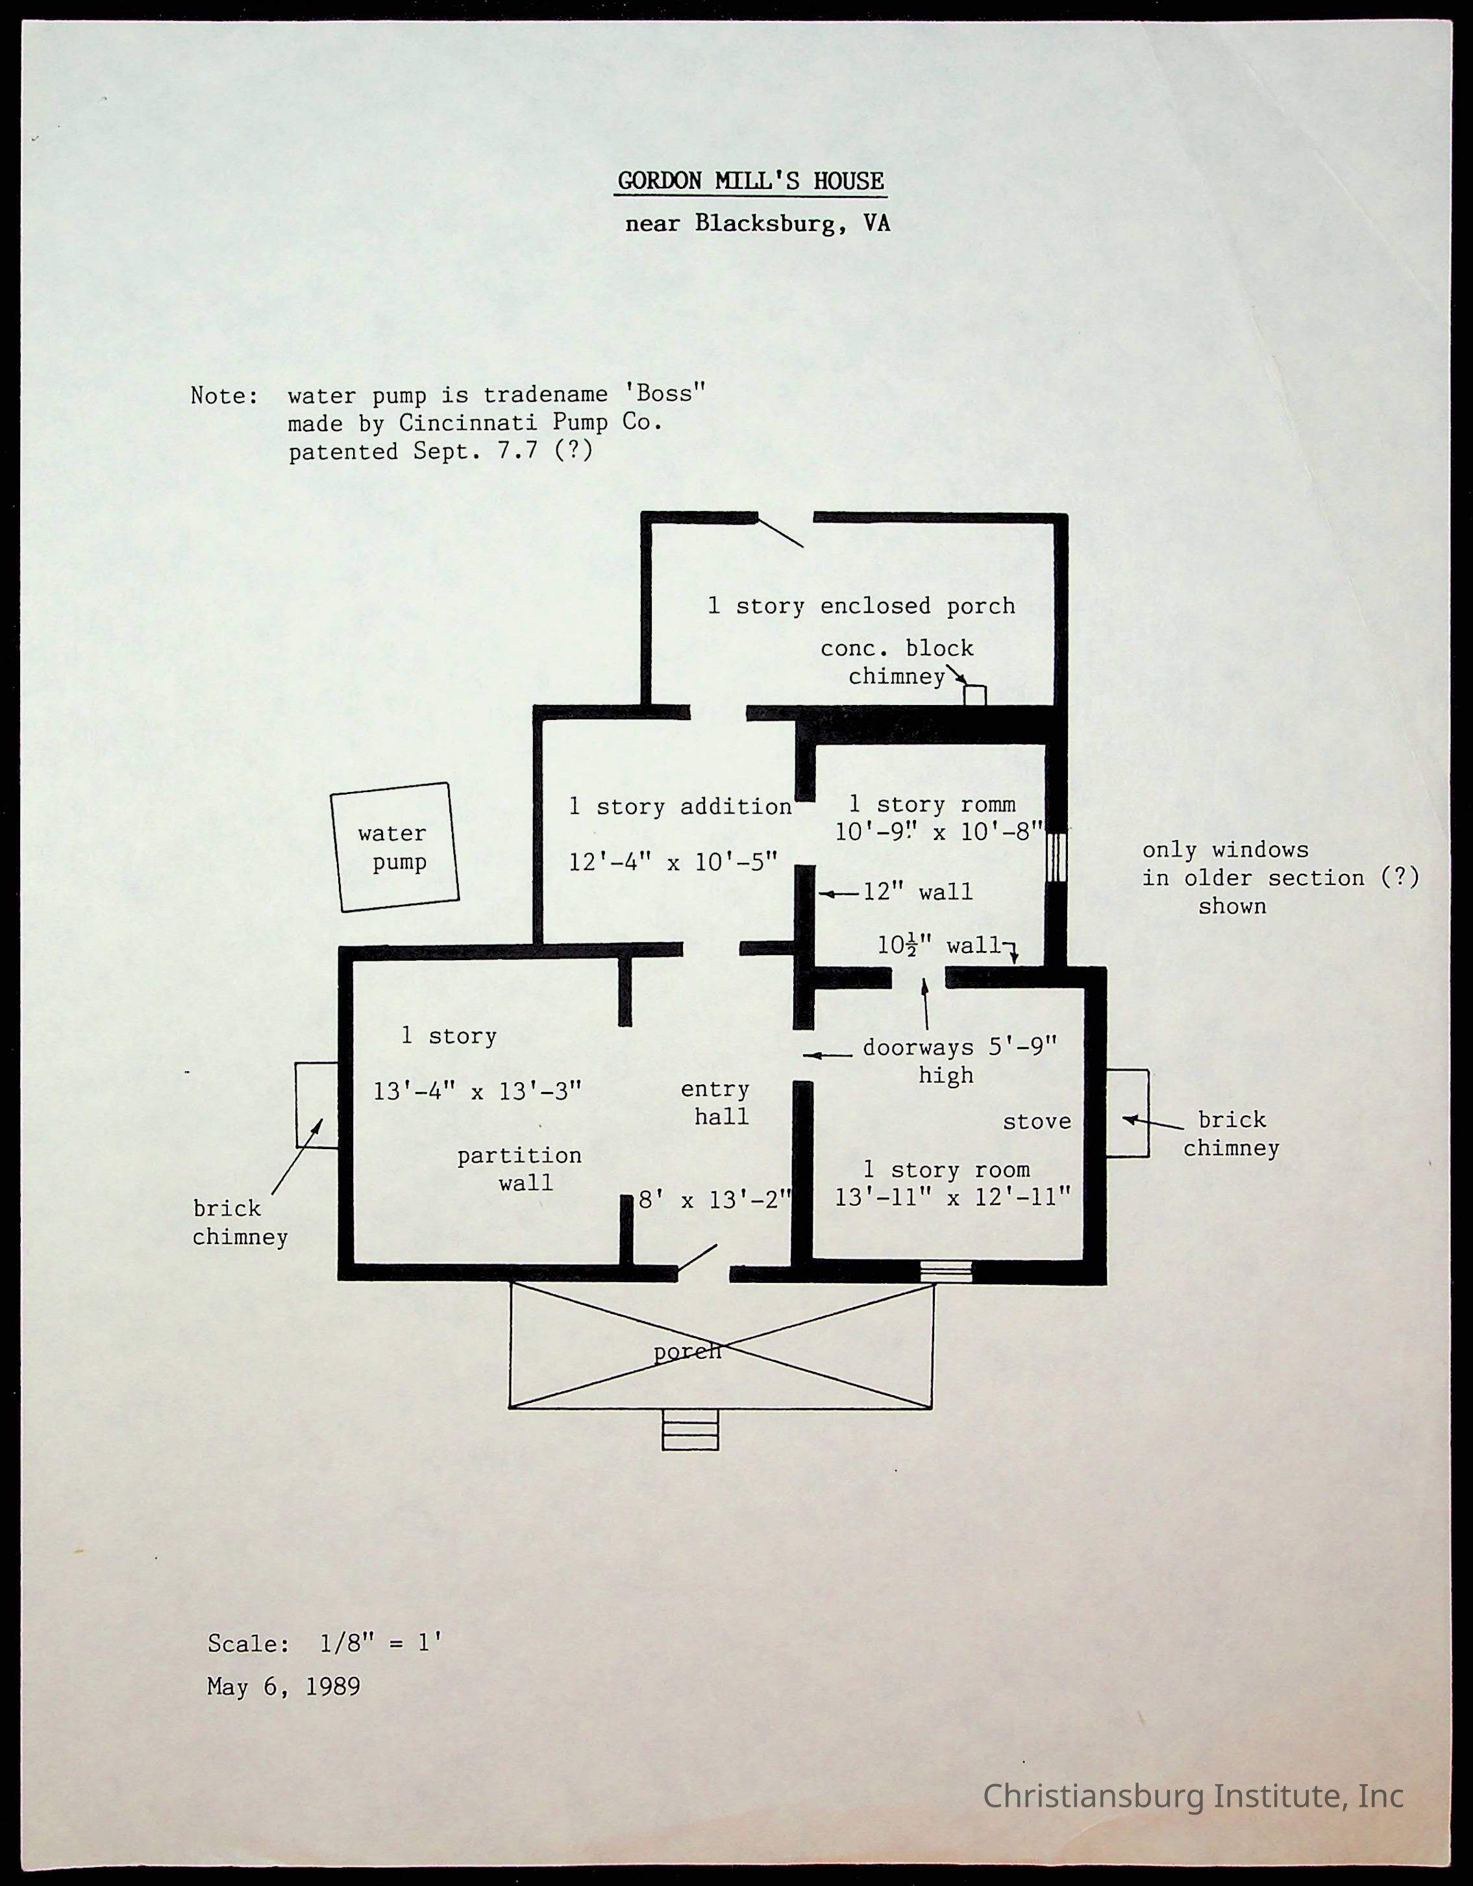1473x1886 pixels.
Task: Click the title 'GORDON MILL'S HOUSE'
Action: (750, 181)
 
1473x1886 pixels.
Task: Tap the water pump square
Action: (395, 847)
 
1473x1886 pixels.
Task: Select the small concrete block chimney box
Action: (975, 694)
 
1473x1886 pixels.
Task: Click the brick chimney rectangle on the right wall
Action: (1128, 1113)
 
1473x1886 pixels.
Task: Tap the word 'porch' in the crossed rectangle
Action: (687, 1352)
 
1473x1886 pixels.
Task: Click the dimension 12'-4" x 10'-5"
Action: (673, 862)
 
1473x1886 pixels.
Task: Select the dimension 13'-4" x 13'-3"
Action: (477, 1091)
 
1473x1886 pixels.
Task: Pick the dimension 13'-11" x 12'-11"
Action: (952, 1198)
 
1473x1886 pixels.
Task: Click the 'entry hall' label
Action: (717, 1103)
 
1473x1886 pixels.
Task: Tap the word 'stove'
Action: (1036, 1122)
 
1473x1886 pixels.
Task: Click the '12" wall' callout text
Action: (917, 892)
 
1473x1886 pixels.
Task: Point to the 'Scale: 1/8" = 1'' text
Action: (325, 1643)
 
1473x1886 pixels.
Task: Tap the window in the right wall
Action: (1056, 856)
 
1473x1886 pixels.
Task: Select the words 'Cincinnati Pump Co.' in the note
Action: (530, 423)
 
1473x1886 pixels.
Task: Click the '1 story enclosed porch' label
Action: (861, 606)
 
